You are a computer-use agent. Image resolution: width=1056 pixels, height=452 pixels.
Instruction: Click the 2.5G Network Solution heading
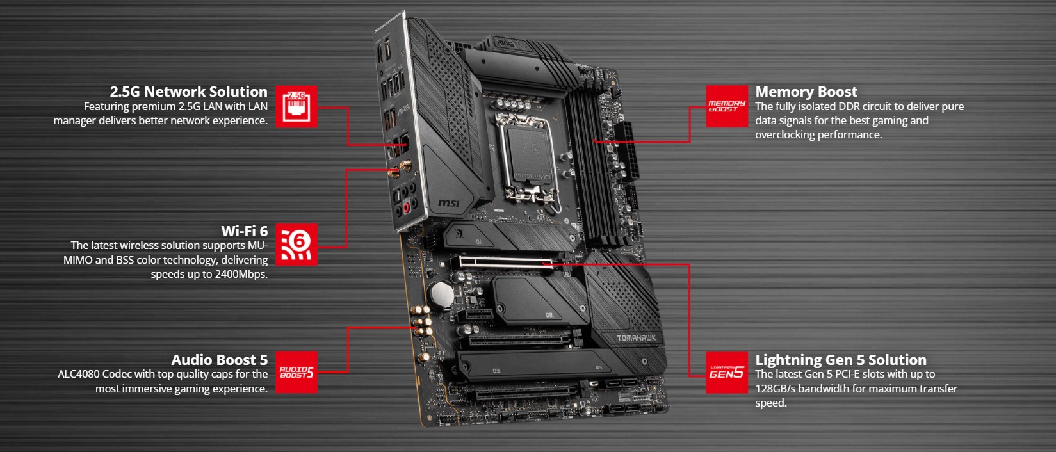click(188, 92)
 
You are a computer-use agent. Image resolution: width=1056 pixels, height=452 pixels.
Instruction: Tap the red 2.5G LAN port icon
click(296, 106)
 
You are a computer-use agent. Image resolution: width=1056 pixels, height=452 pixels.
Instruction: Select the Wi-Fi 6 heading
click(244, 231)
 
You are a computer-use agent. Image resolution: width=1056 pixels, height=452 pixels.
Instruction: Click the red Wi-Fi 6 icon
click(296, 244)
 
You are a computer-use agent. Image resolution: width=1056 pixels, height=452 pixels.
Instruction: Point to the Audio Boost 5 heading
click(219, 360)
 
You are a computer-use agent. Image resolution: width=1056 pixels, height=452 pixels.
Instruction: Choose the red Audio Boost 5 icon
click(296, 372)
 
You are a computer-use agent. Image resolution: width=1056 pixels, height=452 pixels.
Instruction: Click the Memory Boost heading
click(806, 92)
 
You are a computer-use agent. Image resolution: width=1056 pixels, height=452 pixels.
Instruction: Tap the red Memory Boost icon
click(727, 106)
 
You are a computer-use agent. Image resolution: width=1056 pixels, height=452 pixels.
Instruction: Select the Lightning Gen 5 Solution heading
click(840, 360)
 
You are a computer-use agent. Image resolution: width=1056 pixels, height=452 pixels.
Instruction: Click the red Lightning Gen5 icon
click(727, 372)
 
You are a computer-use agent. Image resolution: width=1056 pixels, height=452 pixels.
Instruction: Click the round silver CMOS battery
click(440, 295)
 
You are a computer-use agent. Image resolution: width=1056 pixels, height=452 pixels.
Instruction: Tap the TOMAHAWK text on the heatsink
click(636, 338)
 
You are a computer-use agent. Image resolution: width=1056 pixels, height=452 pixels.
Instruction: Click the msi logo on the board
click(448, 203)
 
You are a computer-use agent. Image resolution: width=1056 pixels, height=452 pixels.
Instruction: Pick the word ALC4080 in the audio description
click(78, 375)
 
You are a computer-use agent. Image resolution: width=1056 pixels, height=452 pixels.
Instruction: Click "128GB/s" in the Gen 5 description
click(777, 389)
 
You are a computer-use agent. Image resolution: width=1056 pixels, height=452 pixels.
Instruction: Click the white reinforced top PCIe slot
click(506, 262)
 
